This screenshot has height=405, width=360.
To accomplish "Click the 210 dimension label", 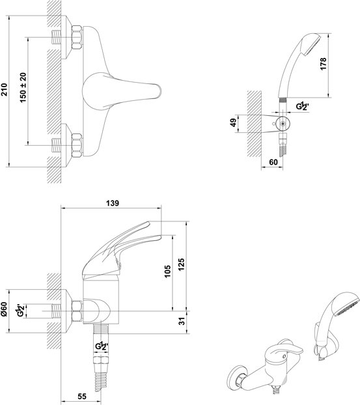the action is (x=5, y=89).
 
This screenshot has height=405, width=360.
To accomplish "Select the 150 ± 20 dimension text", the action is (x=23, y=88).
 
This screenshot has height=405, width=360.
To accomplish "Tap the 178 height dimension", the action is (x=323, y=64).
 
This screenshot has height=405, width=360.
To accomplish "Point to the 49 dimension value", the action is (x=233, y=122).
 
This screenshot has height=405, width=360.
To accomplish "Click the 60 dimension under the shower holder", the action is (x=273, y=162).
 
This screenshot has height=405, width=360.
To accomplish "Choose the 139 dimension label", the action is (x=113, y=203).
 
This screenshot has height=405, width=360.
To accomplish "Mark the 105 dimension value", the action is (x=167, y=272).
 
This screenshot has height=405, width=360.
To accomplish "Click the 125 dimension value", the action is (x=181, y=264).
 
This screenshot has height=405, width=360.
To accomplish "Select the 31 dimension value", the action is (x=182, y=321).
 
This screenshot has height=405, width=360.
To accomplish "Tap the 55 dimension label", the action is (x=82, y=397).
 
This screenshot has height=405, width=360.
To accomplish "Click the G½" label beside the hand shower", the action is (x=303, y=106).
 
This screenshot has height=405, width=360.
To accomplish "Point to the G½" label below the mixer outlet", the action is (x=102, y=346).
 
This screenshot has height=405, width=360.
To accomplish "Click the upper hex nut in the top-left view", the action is (x=77, y=38).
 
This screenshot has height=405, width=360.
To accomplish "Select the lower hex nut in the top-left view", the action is (x=77, y=145).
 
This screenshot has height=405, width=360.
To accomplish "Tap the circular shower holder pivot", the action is (x=283, y=124).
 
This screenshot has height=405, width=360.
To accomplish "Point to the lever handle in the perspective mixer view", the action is (x=286, y=349).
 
